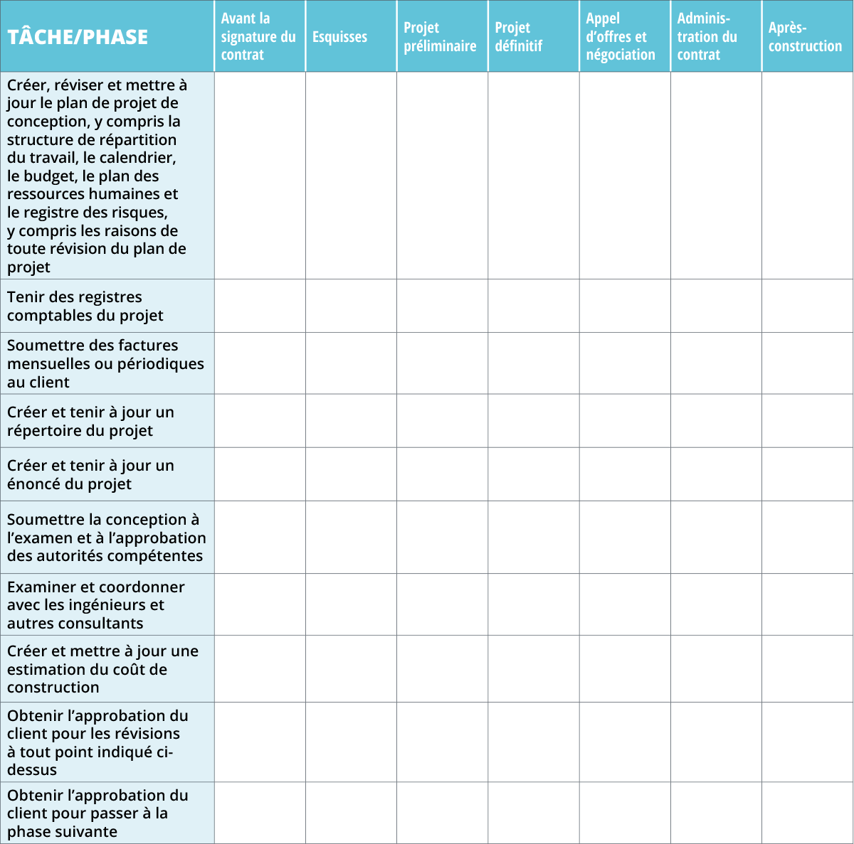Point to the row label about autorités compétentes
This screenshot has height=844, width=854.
(x=107, y=538)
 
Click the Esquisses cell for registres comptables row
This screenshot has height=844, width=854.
(x=351, y=306)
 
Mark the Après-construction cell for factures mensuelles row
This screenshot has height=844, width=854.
(x=807, y=363)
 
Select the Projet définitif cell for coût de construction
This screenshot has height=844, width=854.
(x=534, y=669)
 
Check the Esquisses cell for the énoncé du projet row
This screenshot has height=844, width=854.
(x=351, y=474)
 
